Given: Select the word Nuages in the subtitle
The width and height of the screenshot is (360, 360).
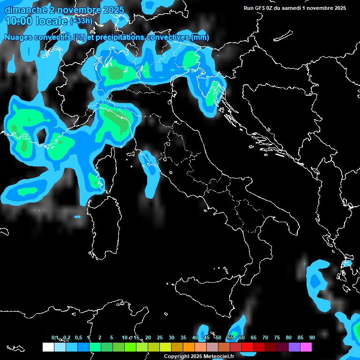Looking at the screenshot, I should (20, 37).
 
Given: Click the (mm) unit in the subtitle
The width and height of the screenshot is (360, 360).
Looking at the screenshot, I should (200, 37).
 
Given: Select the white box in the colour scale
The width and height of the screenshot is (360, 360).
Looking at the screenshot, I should (48, 347).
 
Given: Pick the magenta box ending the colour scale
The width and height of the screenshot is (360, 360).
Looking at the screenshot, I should (306, 347).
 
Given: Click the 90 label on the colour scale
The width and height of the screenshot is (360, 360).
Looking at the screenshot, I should (312, 337).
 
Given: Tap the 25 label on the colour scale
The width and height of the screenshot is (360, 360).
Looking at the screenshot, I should (159, 337).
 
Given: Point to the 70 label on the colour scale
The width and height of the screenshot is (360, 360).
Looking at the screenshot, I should (265, 337).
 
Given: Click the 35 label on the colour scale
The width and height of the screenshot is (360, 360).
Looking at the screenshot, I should (183, 337).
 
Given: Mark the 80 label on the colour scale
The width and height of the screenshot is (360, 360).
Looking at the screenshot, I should (288, 337).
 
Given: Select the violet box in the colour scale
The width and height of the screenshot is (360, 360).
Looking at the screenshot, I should (294, 347).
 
